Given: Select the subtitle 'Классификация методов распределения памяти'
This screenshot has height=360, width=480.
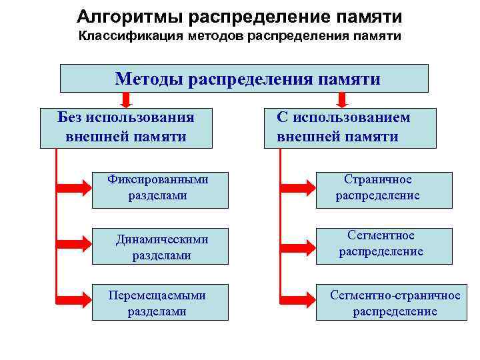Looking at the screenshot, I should coord(239,35).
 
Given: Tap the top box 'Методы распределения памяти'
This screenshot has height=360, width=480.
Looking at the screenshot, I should coord(244,79).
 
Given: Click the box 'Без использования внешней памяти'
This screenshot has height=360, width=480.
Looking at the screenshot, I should coord(126,127).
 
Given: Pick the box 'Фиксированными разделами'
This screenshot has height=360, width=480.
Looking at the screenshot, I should coord(158,187).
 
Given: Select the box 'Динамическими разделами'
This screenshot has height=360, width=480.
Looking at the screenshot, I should coord(162,247).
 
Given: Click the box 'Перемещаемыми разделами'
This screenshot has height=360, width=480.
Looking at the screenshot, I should coord(158,303).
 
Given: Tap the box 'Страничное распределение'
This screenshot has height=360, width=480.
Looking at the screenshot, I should coord(377,187).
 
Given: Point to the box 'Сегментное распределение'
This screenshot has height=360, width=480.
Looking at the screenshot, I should coord(381,243).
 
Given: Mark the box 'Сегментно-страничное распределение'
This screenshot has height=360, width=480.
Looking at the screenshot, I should coord(395,303).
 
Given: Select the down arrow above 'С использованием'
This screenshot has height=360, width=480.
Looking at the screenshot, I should coord(343,100).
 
